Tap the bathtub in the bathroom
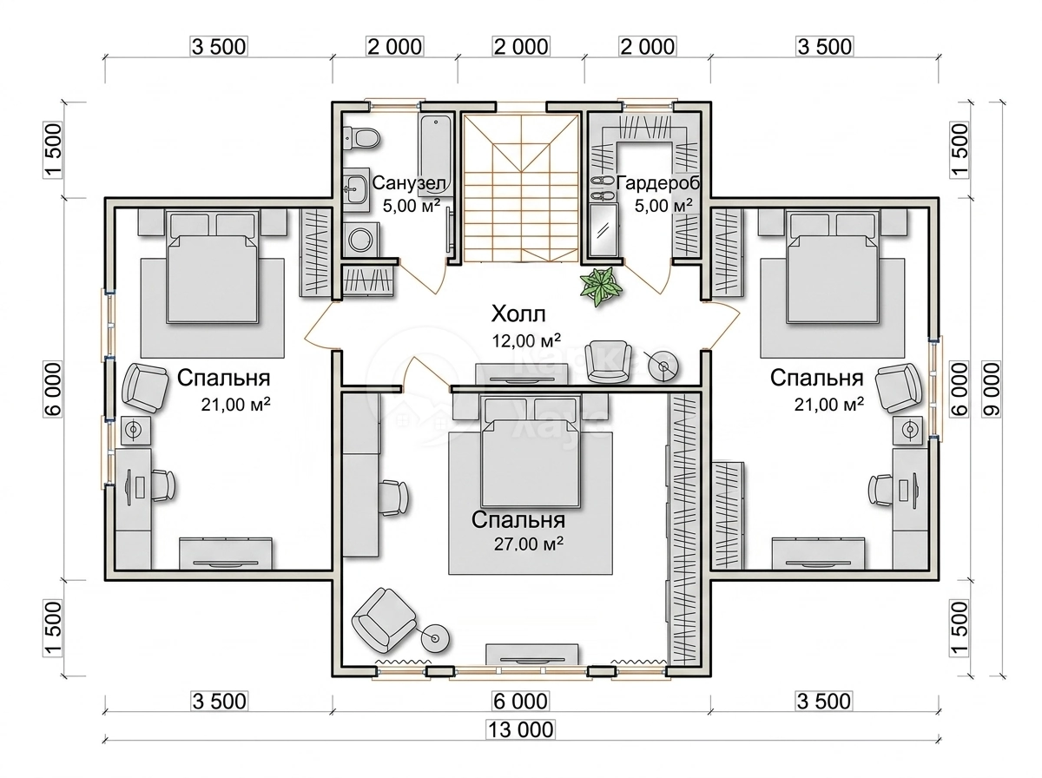[x=435, y=153]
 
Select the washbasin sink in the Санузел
[x=354, y=189]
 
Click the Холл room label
[x=518, y=313]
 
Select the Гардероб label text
[x=658, y=182]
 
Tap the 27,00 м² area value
[x=529, y=544]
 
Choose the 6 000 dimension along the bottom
[x=520, y=701]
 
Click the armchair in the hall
[x=608, y=361]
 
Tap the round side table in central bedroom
[x=435, y=638]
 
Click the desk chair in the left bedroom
[x=164, y=485]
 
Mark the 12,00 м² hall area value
[x=526, y=340]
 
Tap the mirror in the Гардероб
[x=603, y=230]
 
